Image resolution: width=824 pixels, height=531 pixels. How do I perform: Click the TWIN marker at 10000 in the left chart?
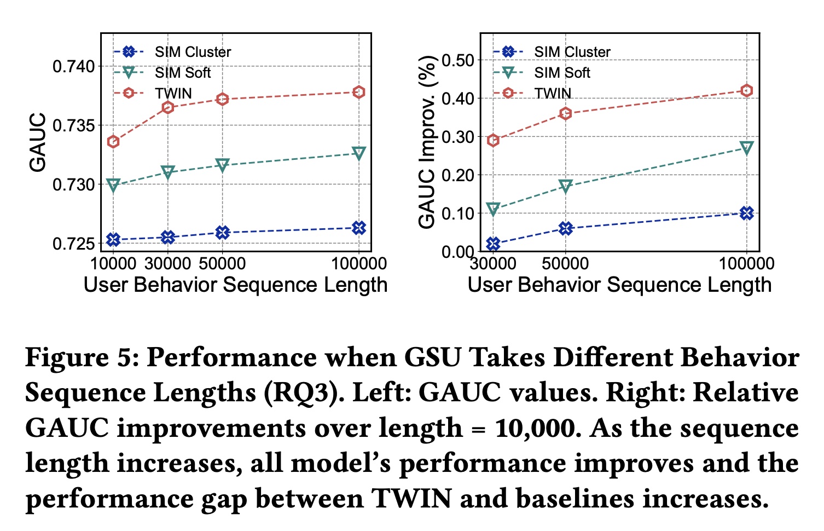(113, 142)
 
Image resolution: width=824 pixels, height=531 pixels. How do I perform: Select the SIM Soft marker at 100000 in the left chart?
(359, 153)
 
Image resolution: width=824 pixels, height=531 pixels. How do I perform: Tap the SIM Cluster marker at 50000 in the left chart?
(222, 233)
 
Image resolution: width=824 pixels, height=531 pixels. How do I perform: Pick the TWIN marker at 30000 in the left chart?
(168, 107)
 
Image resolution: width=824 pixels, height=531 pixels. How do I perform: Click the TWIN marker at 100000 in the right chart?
(746, 90)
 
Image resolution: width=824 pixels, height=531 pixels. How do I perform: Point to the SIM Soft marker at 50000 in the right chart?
(566, 186)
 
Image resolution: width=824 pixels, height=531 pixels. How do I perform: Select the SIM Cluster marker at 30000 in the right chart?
(493, 244)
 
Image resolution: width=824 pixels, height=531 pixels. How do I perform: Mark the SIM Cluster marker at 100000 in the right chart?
(746, 213)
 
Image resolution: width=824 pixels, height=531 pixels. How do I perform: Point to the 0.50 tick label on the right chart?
(457, 60)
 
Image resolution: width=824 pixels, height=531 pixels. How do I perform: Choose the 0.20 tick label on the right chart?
(457, 175)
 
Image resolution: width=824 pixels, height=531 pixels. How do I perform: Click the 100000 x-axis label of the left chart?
(359, 264)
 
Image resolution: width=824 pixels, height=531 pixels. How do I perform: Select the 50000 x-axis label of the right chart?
(566, 264)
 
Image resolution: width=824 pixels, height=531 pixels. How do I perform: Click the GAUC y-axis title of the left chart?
(38, 142)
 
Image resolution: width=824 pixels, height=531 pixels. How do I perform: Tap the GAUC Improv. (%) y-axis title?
(427, 142)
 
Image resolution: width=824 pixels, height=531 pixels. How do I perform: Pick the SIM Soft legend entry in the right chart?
(562, 73)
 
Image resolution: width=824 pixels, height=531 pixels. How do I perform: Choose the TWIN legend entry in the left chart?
(173, 94)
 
